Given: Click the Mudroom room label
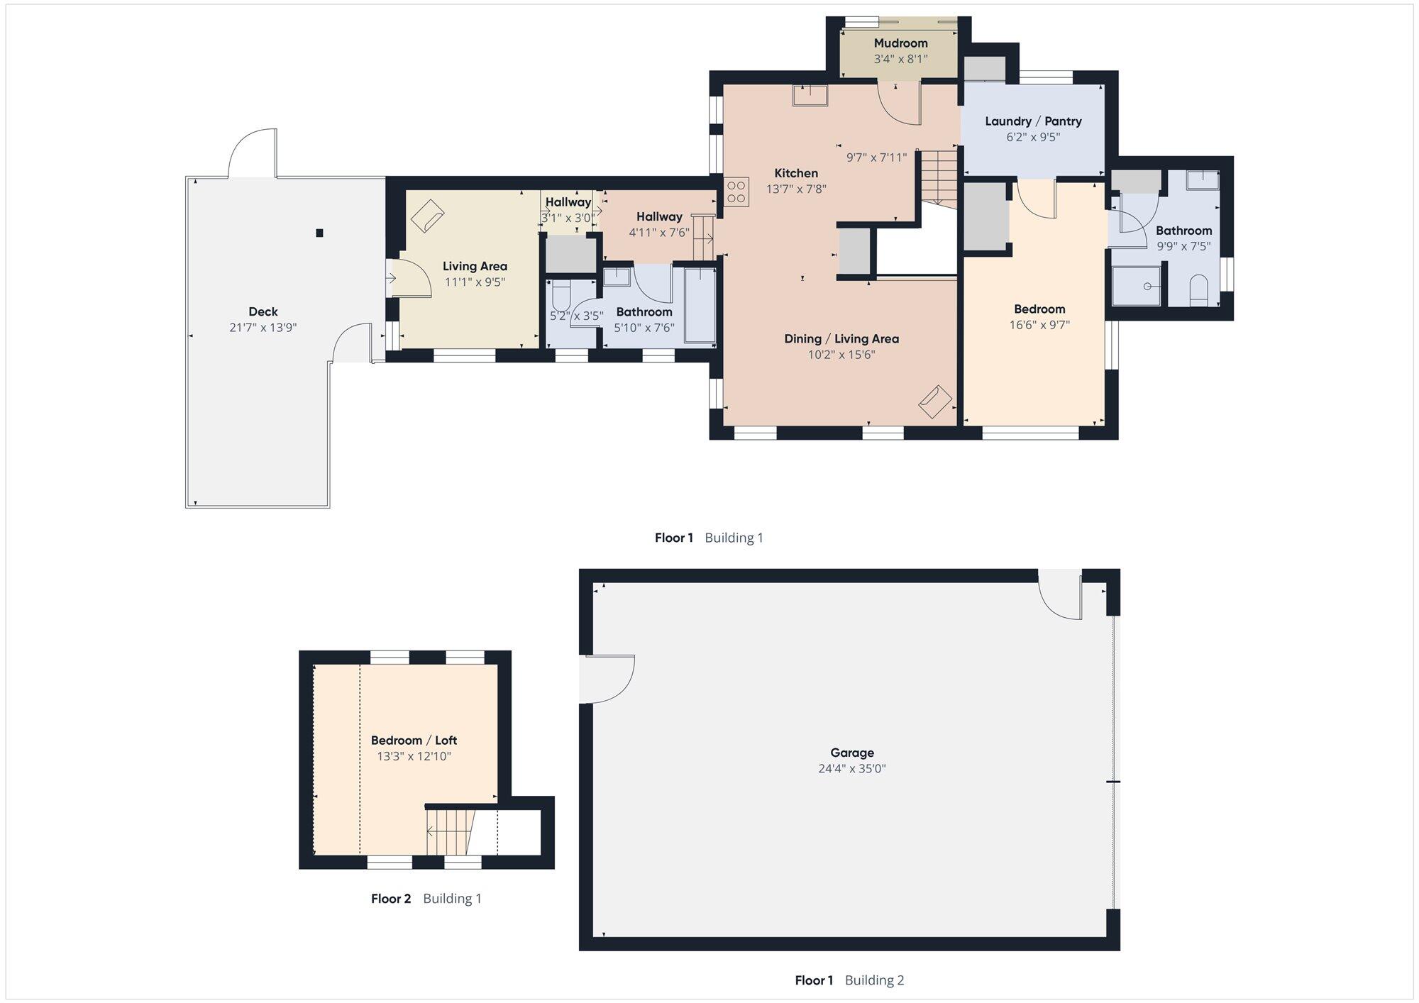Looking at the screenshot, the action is pos(900,43).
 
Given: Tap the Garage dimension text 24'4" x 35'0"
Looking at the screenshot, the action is pos(852,768).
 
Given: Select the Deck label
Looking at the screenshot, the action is pos(263,311).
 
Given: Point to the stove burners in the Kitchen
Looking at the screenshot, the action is pos(736,192).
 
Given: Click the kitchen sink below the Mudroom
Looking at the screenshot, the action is pos(810,95).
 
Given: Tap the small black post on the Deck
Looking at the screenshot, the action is pos(320,233).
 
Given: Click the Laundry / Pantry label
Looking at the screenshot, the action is pos(1033,121).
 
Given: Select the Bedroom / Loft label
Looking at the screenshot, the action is pos(414,741).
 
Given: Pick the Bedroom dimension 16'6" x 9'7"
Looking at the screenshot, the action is pos(1039,325).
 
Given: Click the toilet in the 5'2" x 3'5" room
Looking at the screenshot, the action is pos(561,295).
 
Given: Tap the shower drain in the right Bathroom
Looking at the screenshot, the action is pos(1148,287).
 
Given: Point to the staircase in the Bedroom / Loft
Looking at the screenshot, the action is pos(448,832).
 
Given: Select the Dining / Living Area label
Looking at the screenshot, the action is pos(841,339).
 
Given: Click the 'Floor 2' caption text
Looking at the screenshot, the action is pos(391,899).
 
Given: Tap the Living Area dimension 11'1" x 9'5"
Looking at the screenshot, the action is pos(475,282).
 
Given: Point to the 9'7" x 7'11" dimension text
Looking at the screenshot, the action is pos(877,157).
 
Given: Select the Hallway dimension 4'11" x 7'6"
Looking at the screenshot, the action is pos(659,232).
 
